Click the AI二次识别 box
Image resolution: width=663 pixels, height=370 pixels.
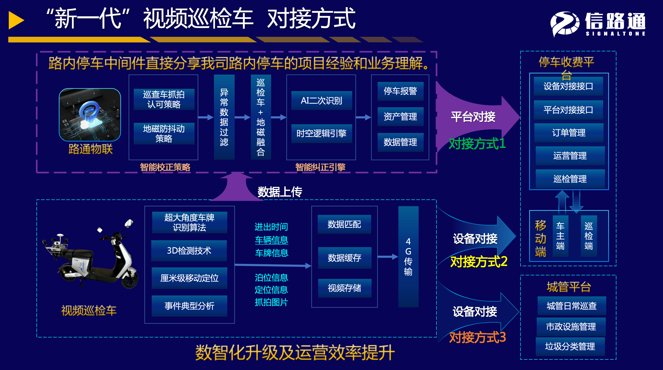[x=321, y=101]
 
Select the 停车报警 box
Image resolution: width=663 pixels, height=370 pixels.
[x=400, y=91]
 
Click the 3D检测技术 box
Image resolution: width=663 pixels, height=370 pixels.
[x=189, y=251]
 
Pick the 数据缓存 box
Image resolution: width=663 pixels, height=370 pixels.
[x=344, y=258]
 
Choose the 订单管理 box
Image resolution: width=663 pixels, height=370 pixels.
[x=569, y=133]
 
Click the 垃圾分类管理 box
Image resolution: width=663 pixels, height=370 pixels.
[x=570, y=346]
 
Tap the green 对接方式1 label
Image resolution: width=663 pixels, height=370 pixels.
[x=477, y=143]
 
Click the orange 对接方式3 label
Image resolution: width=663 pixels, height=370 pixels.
[x=477, y=337]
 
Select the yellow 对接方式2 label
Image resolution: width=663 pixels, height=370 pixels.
[x=479, y=262]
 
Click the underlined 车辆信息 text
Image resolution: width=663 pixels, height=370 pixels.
[x=272, y=240]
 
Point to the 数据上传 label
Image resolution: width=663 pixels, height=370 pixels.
[x=280, y=192]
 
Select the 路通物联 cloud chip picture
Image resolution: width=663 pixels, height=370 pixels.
[x=90, y=115]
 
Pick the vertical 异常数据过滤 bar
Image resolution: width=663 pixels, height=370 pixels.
[x=224, y=117]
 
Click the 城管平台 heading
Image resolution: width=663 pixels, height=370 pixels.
[x=569, y=287]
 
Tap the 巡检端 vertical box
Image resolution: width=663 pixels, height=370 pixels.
[x=589, y=236]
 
